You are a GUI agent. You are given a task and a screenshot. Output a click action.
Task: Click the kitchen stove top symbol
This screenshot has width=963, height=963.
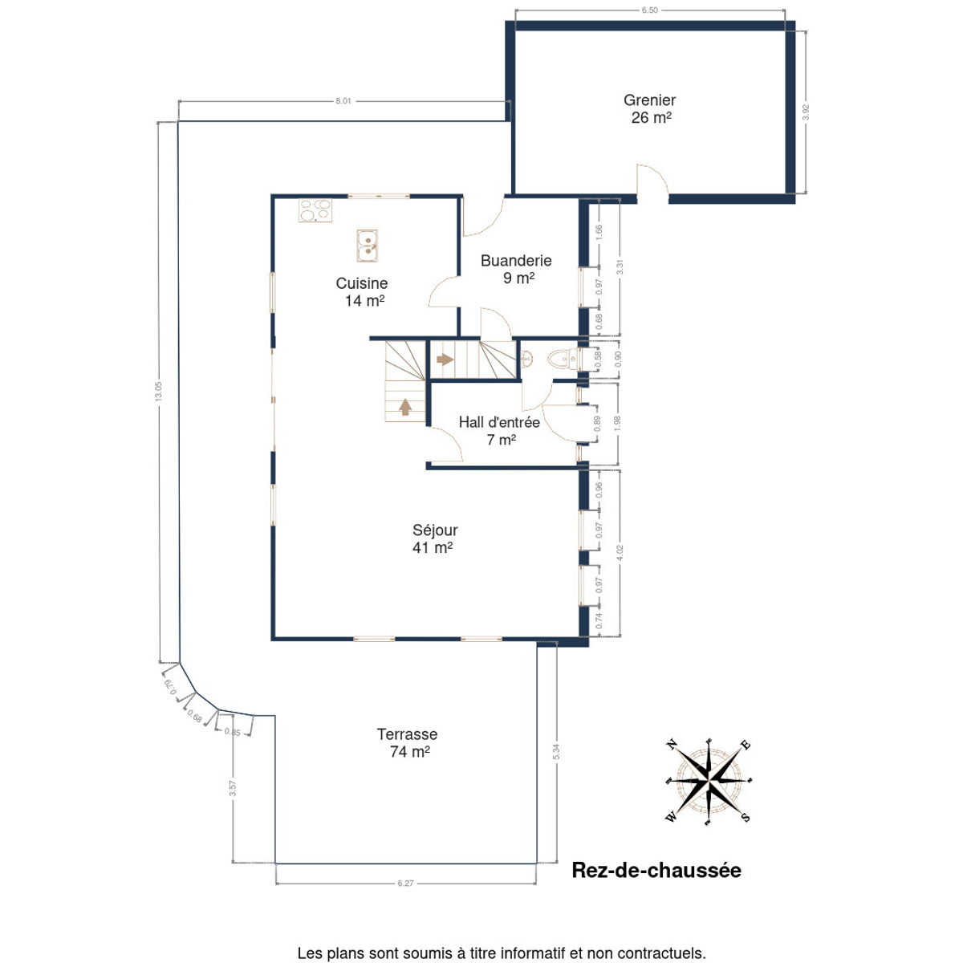point(315,210)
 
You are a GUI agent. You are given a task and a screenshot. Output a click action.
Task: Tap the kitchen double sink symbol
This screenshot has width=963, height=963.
point(368,246)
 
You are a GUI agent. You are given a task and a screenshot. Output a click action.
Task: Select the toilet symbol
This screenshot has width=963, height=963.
point(564,358)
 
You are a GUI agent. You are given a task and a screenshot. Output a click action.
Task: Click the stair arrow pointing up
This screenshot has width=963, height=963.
point(405,406)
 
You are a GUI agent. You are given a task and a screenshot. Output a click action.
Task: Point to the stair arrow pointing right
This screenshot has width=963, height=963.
point(445,360)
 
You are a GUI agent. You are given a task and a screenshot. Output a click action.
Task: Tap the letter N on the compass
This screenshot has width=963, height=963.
point(672,745)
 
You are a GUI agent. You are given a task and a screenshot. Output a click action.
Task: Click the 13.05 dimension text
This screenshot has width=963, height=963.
point(158,392)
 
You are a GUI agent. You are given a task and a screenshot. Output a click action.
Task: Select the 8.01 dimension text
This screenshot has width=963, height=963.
point(343,101)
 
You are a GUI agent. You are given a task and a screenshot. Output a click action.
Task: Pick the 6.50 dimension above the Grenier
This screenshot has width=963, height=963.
point(650,10)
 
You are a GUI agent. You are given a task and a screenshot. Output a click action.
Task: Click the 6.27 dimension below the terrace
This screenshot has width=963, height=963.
point(405,883)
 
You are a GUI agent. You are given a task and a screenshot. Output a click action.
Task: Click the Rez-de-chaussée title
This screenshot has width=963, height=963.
point(656,870)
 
